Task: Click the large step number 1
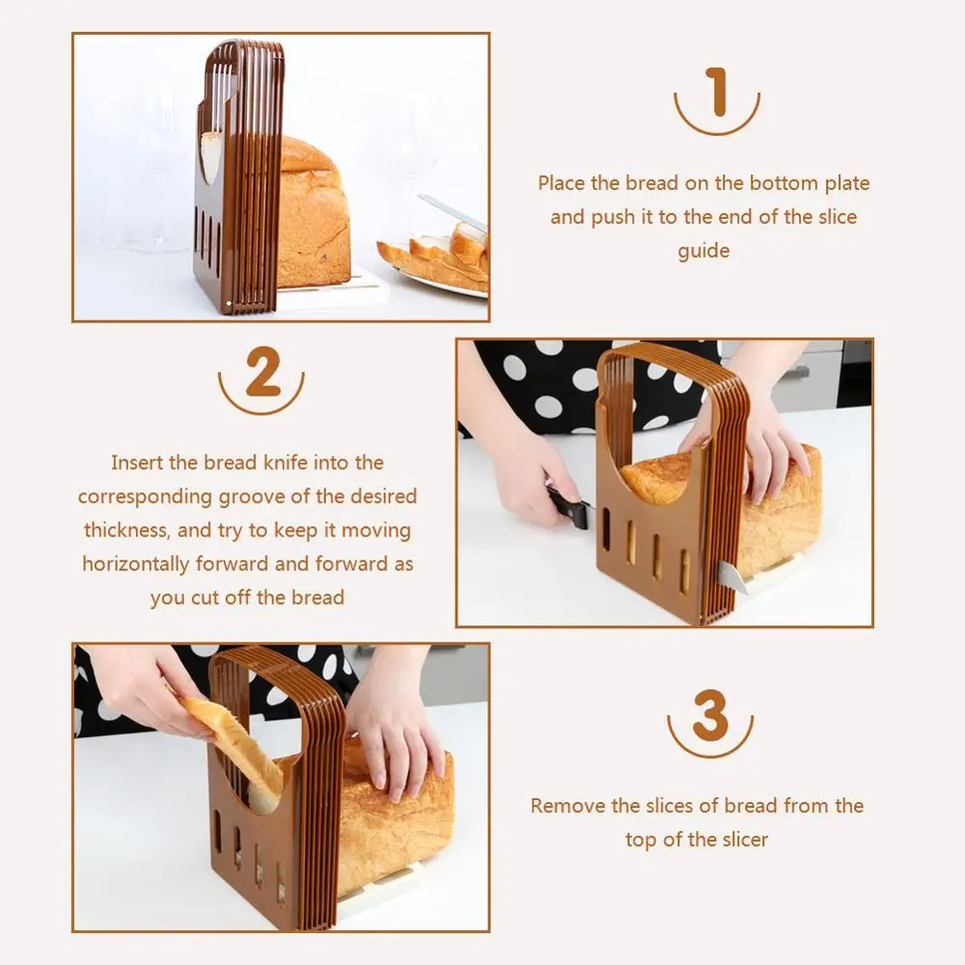click(717, 93)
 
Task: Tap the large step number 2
click(262, 372)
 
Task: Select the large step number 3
click(710, 714)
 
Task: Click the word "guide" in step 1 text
click(703, 251)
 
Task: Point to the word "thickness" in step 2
click(126, 530)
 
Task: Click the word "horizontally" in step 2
click(135, 564)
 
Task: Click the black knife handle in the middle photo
click(568, 506)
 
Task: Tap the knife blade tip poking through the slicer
click(735, 578)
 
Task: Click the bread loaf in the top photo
click(314, 212)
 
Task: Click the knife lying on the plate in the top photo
click(454, 213)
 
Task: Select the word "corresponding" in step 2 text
click(145, 497)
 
